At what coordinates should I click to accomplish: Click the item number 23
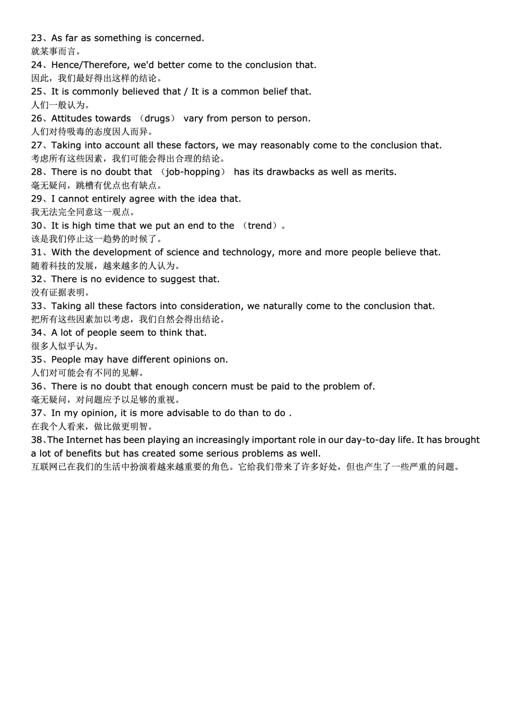36,38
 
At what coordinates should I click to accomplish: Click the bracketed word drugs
157,118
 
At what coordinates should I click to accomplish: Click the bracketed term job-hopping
193,172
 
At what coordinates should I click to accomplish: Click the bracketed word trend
261,226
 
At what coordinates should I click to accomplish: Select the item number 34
36,333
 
